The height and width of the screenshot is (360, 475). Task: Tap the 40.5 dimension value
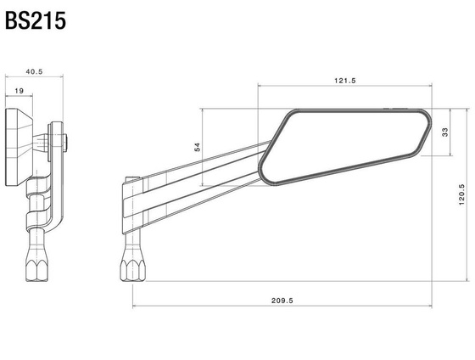tap(34, 72)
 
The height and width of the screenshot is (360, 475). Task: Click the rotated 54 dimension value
tap(198, 147)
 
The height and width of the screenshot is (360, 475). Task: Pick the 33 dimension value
tap(445, 132)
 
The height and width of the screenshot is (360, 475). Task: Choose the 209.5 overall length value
tap(282, 300)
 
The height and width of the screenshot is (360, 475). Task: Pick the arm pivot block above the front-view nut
tap(130, 204)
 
